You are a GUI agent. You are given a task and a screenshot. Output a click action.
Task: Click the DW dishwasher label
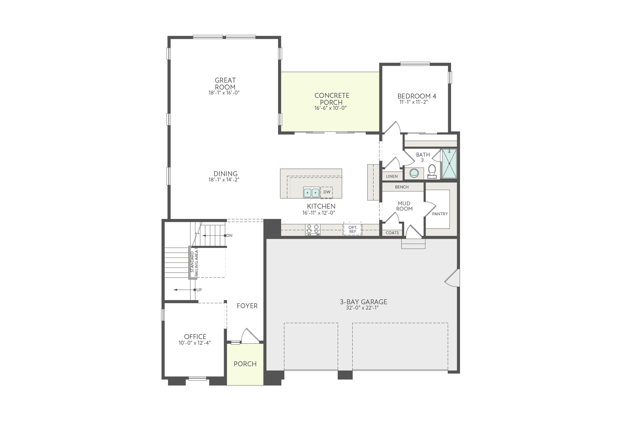(x=327, y=192)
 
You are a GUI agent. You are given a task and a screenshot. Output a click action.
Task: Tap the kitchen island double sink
(x=311, y=192)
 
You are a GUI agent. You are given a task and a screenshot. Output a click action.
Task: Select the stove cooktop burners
(x=313, y=229)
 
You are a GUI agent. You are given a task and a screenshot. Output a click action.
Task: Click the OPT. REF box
(x=352, y=229)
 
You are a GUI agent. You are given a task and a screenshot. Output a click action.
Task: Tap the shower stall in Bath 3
(x=449, y=164)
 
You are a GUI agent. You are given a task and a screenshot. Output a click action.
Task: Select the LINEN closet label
(x=392, y=176)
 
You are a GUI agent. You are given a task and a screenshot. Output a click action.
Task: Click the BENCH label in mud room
(x=402, y=187)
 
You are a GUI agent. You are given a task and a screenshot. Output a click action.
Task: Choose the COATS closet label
(x=392, y=233)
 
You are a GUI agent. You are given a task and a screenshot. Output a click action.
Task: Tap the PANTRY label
(x=440, y=214)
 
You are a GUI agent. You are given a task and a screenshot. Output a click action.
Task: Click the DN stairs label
(x=229, y=236)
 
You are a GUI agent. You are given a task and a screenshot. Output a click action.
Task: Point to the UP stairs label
(x=199, y=290)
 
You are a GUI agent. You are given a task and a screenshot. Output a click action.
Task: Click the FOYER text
(x=247, y=306)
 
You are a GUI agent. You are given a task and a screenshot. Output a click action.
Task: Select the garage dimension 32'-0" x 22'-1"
(x=363, y=308)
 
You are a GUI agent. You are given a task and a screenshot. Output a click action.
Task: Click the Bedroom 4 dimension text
(x=414, y=102)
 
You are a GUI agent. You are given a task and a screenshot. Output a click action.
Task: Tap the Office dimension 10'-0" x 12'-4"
(x=195, y=343)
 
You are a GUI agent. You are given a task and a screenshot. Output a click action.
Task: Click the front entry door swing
(x=249, y=336)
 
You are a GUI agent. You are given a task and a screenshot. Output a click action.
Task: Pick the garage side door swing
(x=452, y=277)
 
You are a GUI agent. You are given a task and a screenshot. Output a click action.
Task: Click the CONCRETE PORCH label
(x=331, y=99)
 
